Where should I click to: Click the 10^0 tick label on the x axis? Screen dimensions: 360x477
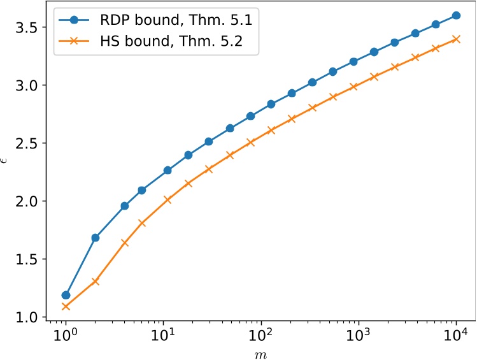pos(66,333)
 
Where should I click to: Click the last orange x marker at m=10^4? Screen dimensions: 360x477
pos(456,39)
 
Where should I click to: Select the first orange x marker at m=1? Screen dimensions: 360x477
pos(66,306)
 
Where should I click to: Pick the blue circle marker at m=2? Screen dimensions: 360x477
pos(95,238)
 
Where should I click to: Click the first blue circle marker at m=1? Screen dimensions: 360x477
pos(66,295)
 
